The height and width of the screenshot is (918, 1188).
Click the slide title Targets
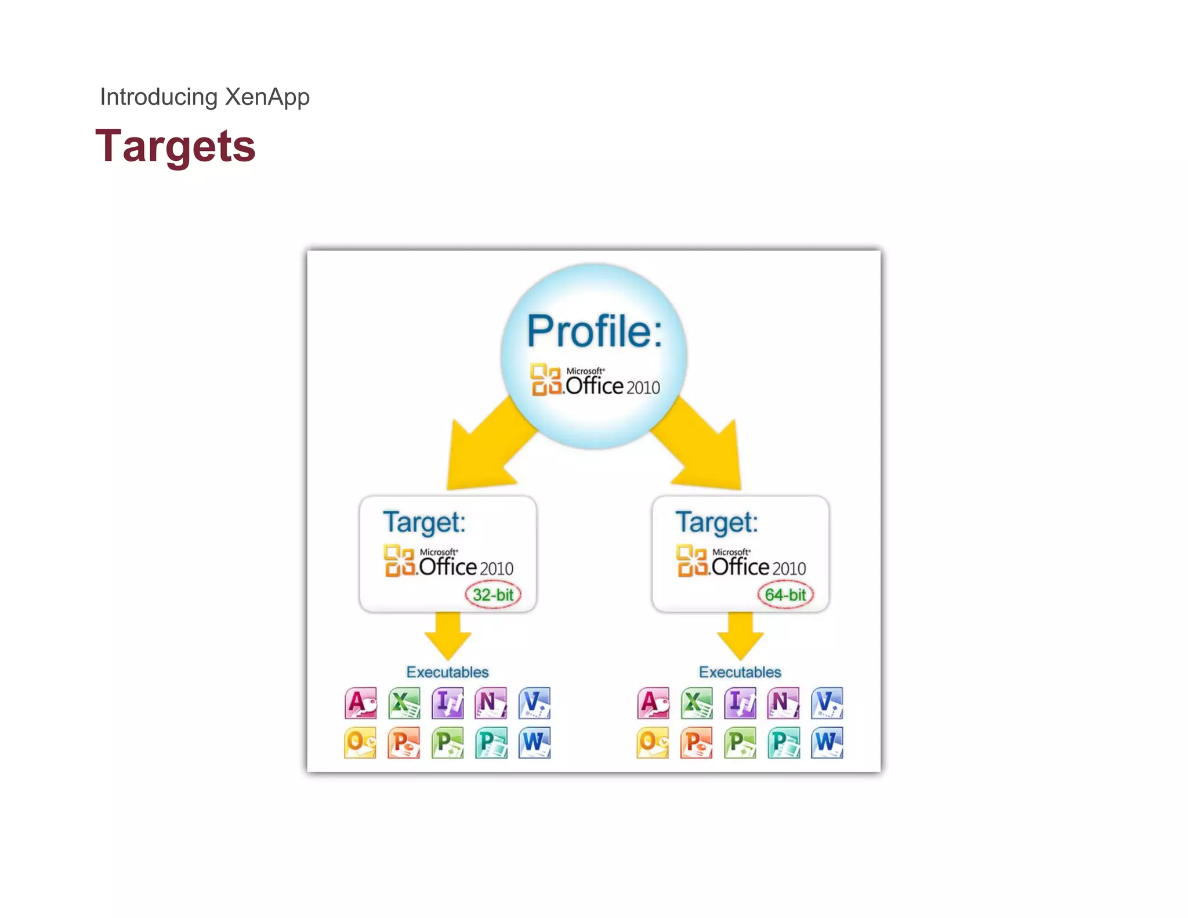175,146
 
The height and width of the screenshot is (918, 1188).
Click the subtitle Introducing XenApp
205,97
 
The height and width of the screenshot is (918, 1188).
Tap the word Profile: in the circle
594,331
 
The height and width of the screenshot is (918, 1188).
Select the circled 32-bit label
493,595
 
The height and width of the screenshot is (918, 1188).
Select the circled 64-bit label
785,595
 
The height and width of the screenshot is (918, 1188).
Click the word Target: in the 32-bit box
424,522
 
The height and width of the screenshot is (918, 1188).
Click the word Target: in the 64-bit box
716,522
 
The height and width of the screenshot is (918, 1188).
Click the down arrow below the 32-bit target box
448,636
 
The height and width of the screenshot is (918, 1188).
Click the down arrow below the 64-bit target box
740,636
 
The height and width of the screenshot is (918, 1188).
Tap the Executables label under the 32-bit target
447,672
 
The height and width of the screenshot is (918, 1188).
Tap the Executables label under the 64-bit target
740,672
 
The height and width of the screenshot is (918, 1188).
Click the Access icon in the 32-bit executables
361,703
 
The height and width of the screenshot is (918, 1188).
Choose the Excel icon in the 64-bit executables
697,703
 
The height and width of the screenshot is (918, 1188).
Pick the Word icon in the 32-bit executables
535,743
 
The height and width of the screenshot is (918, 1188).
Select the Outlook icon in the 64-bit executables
653,743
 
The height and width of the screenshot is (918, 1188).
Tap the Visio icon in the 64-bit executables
827,703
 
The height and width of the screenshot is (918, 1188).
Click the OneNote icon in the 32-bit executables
491,703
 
